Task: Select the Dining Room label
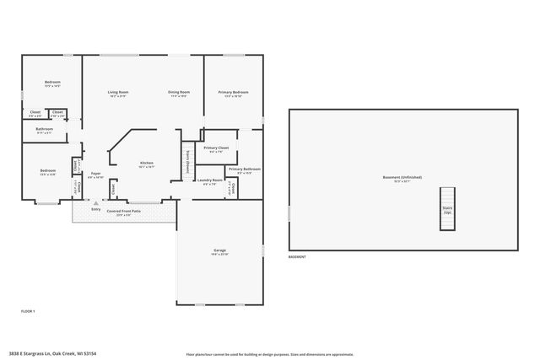pyautogui.click(x=178, y=92)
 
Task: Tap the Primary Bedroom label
pyautogui.click(x=233, y=92)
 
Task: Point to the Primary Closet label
pyautogui.click(x=217, y=148)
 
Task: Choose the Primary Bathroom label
pyautogui.click(x=244, y=169)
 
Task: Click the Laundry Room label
pyautogui.click(x=210, y=180)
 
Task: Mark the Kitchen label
pyautogui.click(x=146, y=163)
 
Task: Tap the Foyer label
pyautogui.click(x=96, y=174)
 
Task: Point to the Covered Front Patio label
pyautogui.click(x=123, y=211)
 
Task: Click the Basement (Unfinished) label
pyautogui.click(x=402, y=177)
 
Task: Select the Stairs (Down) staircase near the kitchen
pyautogui.click(x=188, y=160)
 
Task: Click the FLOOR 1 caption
pyautogui.click(x=28, y=312)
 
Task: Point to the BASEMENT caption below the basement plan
pyautogui.click(x=297, y=256)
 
